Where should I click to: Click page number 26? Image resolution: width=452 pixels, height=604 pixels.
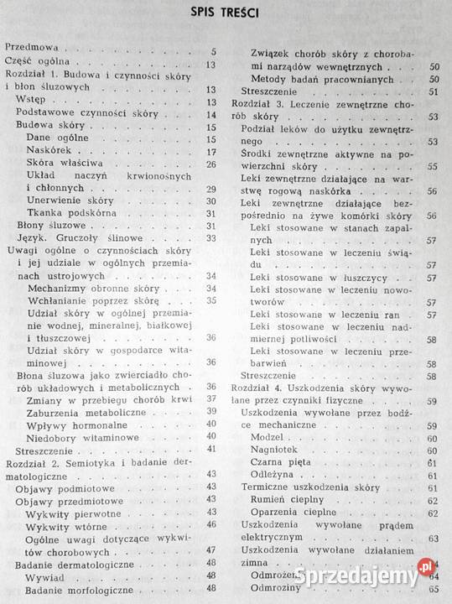click(x=211, y=164)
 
